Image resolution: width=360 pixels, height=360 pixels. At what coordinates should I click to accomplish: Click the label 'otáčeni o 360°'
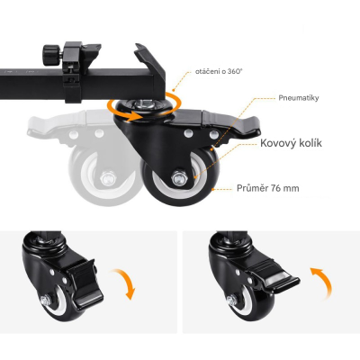click(x=219, y=72)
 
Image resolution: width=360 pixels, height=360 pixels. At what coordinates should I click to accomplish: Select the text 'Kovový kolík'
click(x=291, y=143)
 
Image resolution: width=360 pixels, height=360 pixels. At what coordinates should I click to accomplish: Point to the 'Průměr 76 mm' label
click(x=268, y=188)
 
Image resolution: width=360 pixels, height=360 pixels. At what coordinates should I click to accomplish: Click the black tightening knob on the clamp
click(x=49, y=55)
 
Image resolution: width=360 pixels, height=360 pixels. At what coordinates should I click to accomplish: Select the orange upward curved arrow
click(x=321, y=283)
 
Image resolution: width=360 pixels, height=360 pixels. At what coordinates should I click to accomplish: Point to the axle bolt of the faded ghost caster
click(x=108, y=179)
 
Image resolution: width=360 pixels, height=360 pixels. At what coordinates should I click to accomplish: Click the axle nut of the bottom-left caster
click(x=45, y=300)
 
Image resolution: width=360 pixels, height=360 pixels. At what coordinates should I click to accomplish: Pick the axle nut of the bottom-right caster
click(x=231, y=300)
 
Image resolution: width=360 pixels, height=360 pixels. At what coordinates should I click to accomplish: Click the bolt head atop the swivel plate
click(x=144, y=105)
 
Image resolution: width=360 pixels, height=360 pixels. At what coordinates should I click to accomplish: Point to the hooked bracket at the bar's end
click(x=150, y=65)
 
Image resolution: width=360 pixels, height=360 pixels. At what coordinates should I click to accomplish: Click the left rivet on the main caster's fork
click(x=188, y=132)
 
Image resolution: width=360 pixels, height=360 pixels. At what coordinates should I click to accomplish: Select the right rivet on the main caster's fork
click(x=213, y=134)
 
